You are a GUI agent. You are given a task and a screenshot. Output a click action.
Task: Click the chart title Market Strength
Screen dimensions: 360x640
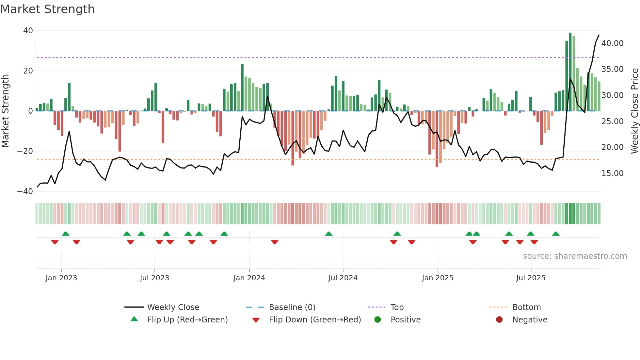point(47,9)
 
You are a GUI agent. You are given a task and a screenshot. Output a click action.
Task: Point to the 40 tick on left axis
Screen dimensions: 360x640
point(28,31)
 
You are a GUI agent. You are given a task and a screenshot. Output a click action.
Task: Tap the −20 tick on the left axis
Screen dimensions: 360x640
point(25,151)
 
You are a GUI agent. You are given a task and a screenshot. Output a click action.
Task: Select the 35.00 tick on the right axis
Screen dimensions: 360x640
point(612,69)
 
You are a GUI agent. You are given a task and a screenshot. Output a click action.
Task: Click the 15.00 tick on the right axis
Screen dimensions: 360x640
point(612,173)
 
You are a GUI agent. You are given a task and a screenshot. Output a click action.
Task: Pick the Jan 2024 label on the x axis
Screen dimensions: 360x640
point(249,278)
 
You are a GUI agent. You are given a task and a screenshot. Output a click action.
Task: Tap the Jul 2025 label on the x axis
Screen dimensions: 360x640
point(531,278)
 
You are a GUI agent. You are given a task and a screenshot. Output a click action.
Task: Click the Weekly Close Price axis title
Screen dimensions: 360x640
point(634,111)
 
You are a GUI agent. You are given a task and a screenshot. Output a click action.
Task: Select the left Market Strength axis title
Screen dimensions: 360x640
point(6,111)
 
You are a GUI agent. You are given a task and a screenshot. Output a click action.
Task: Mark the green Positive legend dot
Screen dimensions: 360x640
point(378,320)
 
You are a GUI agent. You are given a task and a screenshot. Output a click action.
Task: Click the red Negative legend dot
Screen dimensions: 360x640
point(499,320)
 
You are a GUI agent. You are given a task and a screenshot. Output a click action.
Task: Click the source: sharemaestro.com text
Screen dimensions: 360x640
point(575,256)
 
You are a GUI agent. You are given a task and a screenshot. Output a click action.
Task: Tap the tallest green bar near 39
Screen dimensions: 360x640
point(570,72)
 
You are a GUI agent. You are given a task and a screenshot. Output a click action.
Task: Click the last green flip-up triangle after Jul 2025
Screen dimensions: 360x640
point(556,234)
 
